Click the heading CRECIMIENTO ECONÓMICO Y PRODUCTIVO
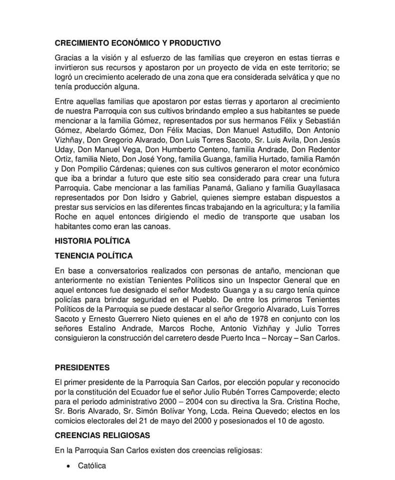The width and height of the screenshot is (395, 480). pyautogui.click(x=137, y=43)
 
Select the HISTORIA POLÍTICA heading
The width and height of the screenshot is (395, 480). pyautogui.click(x=92, y=241)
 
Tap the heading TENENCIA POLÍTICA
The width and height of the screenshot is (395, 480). pyautogui.click(x=94, y=256)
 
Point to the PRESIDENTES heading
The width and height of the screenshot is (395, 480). pyautogui.click(x=82, y=367)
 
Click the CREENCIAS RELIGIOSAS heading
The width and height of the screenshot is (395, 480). pyautogui.click(x=102, y=435)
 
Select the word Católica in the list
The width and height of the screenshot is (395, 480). pyautogui.click(x=92, y=466)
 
